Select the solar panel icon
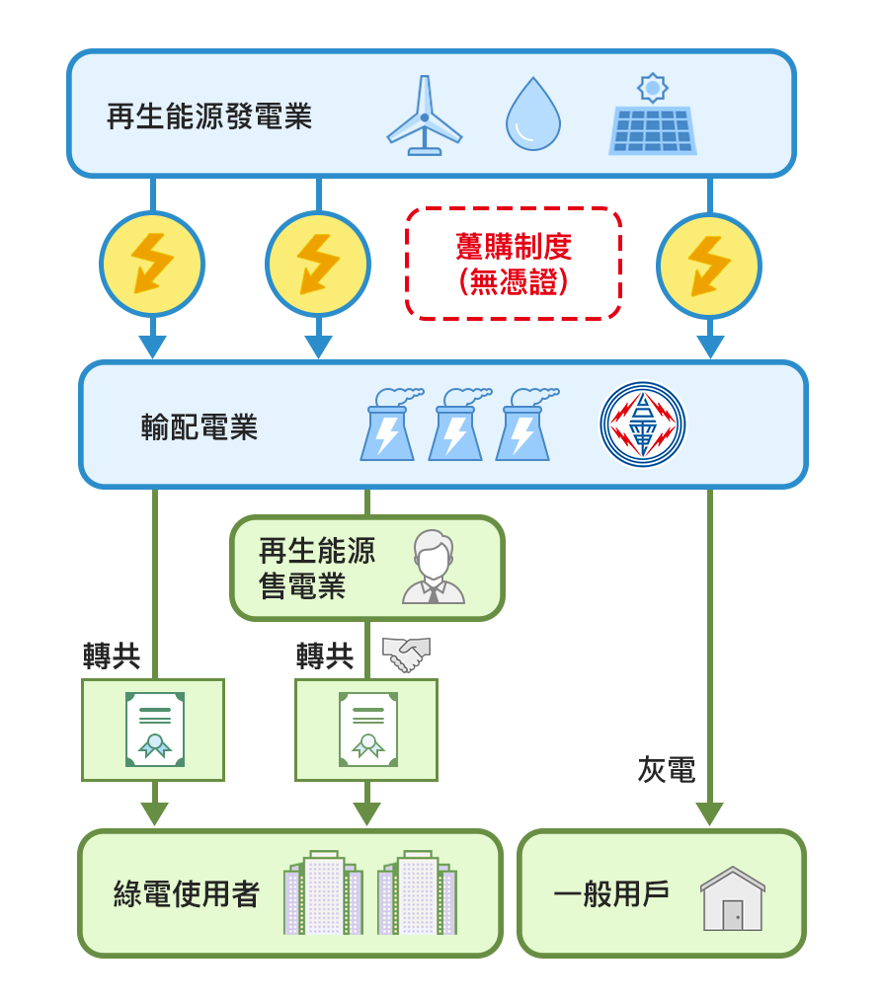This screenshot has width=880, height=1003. (x=652, y=129)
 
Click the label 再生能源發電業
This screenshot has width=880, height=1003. (x=209, y=116)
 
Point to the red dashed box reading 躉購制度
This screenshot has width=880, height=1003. (x=514, y=263)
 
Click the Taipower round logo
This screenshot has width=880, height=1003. (x=643, y=424)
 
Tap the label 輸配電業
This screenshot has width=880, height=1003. (x=200, y=427)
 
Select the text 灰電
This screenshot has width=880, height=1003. (x=667, y=770)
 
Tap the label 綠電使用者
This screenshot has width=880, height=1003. (x=187, y=894)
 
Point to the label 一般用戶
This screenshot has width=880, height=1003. (x=611, y=894)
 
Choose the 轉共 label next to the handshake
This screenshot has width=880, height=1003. (x=325, y=656)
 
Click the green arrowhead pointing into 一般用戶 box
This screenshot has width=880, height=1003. (x=709, y=814)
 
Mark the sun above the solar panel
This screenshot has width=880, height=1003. (x=653, y=88)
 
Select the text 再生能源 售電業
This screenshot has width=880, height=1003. (x=316, y=569)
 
